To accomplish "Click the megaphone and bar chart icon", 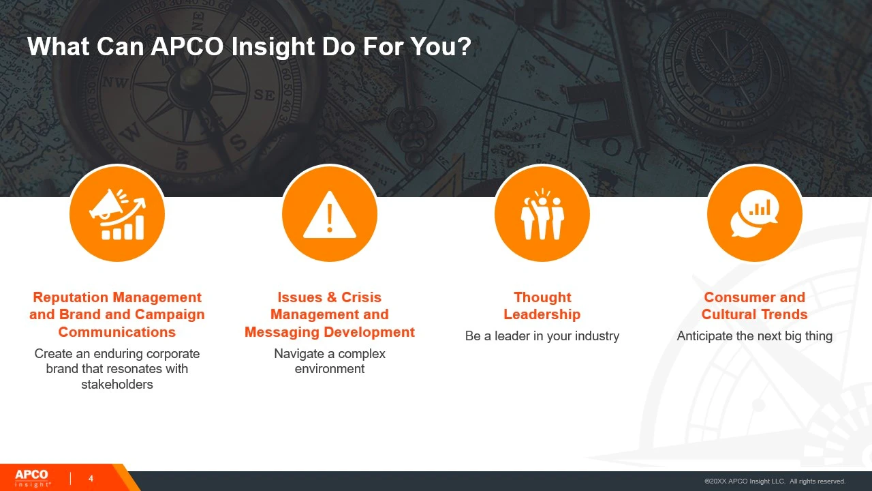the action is [117, 214].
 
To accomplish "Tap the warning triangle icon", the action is [329, 215].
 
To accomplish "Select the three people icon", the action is [542, 214].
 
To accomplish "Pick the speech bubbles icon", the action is [754, 213].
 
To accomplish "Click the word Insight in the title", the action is [273, 47].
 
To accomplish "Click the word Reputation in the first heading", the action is [71, 297].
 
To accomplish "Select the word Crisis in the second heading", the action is [361, 297].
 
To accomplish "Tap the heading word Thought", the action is [542, 297].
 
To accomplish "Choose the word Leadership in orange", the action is [542, 314].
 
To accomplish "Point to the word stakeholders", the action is [116, 384].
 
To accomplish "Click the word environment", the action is [329, 369].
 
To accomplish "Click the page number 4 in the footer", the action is [91, 479].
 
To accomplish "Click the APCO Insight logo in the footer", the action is [33, 479].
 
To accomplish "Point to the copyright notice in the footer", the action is [775, 481].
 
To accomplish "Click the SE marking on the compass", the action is [265, 95].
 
